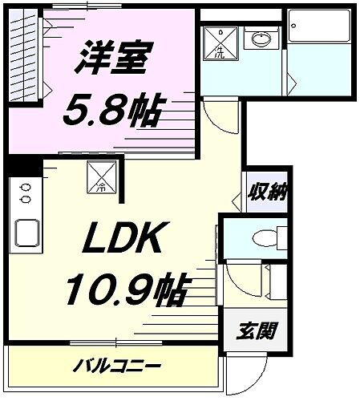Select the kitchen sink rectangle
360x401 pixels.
(26, 234)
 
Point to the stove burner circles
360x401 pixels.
(25, 193)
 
